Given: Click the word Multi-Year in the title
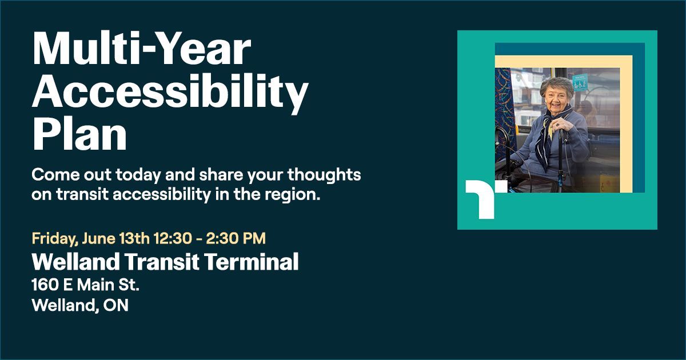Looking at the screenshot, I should click(x=141, y=50).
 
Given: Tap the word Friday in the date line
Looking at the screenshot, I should click(x=55, y=237).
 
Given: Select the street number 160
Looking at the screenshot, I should click(x=45, y=284).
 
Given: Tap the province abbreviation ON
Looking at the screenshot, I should click(x=118, y=305).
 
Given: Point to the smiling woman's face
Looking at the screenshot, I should click(x=553, y=95).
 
